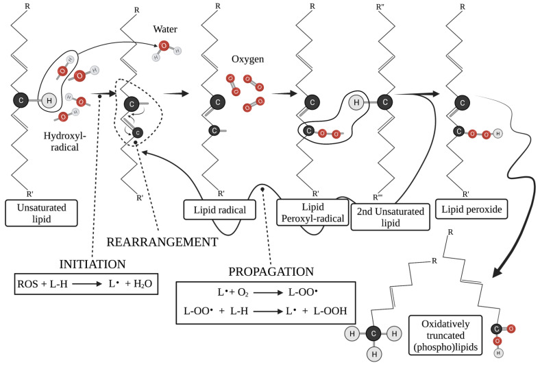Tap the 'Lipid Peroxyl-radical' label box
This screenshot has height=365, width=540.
point(308,211)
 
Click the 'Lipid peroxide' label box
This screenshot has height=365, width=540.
point(471,208)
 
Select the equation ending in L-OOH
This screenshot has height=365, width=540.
point(265,311)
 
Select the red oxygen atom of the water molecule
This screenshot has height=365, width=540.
point(162,47)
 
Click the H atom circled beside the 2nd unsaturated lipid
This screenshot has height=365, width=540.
point(356,102)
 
